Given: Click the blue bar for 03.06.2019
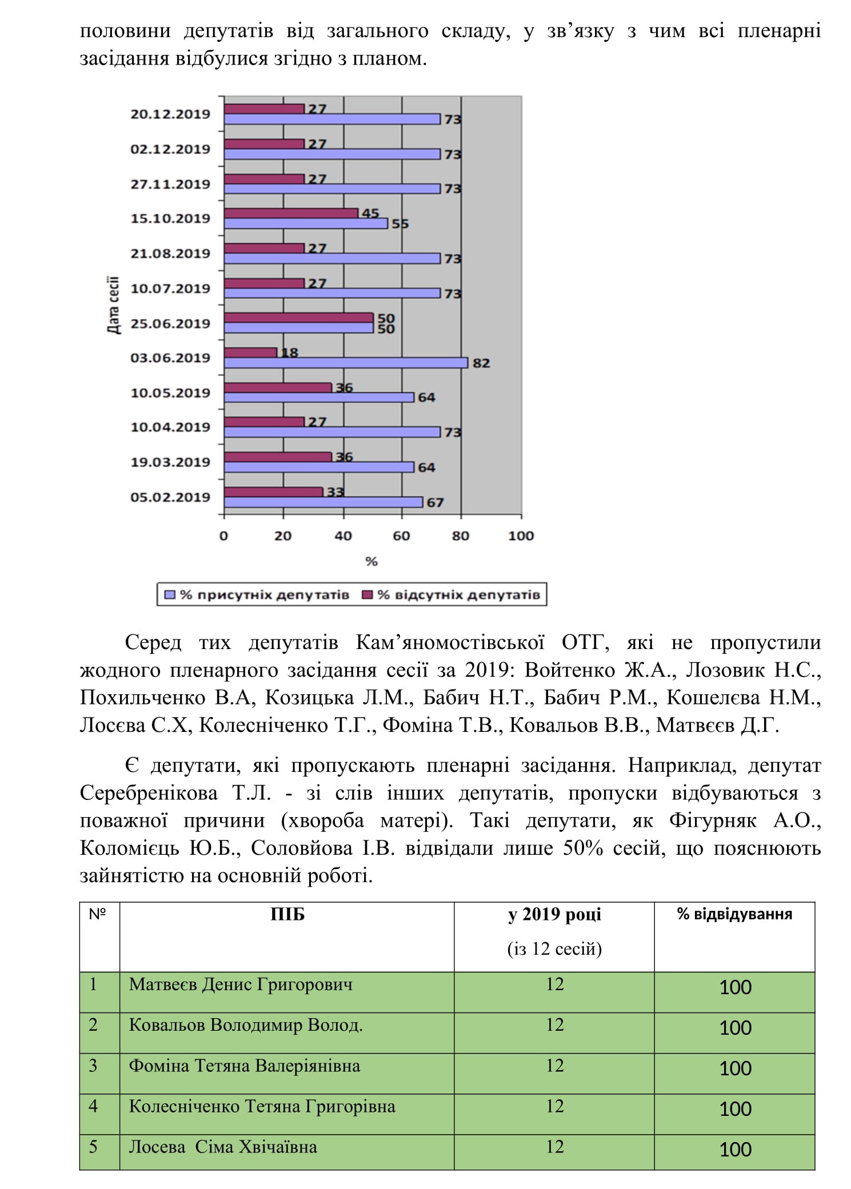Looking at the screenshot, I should click(345, 363).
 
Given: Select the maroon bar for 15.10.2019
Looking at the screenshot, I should click(291, 213).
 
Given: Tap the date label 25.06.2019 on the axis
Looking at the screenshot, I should click(170, 323).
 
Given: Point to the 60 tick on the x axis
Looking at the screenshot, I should click(401, 536).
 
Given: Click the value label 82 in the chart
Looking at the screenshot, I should click(481, 363).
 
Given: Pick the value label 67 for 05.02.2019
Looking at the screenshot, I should click(435, 503).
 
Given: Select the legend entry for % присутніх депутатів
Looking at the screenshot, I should click(257, 595).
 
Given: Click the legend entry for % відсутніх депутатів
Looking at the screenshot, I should click(452, 595).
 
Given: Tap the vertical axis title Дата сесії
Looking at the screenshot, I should click(113, 305).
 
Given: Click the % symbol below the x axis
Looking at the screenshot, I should click(371, 562).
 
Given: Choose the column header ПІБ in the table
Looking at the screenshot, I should click(287, 915).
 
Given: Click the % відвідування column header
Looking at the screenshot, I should click(734, 914).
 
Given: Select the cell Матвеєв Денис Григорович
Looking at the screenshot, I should click(241, 984).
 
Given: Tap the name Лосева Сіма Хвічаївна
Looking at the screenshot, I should click(222, 1147).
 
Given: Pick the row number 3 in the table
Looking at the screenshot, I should click(93, 1066).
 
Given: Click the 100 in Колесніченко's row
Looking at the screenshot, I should click(735, 1109).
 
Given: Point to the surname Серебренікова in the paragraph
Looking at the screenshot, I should click(149, 793).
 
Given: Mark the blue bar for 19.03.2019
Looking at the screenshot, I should click(318, 467).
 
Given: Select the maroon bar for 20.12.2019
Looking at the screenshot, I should click(263, 109).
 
